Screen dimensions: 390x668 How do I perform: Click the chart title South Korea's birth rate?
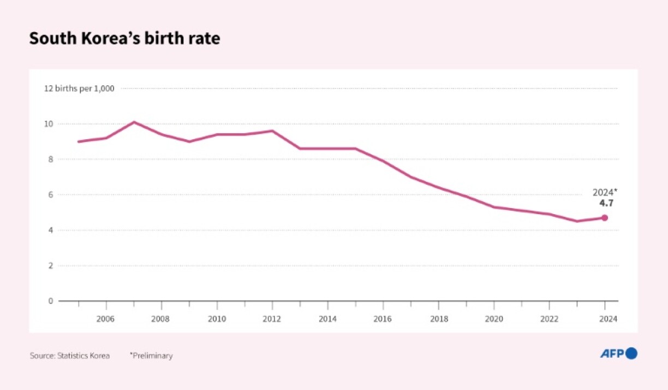[x=124, y=39]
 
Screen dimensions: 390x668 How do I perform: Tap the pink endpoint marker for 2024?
[x=605, y=217]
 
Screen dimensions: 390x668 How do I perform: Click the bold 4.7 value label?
[x=606, y=203]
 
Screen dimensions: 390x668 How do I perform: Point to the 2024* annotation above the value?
[x=605, y=192]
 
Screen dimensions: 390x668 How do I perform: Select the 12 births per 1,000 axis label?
[x=79, y=88]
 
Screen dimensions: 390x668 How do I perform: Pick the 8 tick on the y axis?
[x=50, y=159]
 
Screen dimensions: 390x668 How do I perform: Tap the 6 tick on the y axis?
[x=50, y=195]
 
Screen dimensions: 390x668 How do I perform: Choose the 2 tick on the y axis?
[x=50, y=266]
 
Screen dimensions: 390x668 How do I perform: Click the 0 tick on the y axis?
[x=50, y=301]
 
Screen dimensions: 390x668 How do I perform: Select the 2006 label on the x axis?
[x=106, y=318]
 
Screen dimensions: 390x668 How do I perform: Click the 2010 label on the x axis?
[x=217, y=318]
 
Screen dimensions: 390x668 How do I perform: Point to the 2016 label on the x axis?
[x=383, y=318]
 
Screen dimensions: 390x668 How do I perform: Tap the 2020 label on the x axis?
[x=494, y=318]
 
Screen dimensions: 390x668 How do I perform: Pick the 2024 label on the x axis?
[x=605, y=318]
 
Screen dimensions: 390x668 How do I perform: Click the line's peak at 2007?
[x=134, y=122]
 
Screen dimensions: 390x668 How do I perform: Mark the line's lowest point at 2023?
[x=577, y=221]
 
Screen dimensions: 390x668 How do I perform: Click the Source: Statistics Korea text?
[x=70, y=356]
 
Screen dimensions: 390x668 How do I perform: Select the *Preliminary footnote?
[x=151, y=356]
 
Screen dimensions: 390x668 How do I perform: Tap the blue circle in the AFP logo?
[x=631, y=353]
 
